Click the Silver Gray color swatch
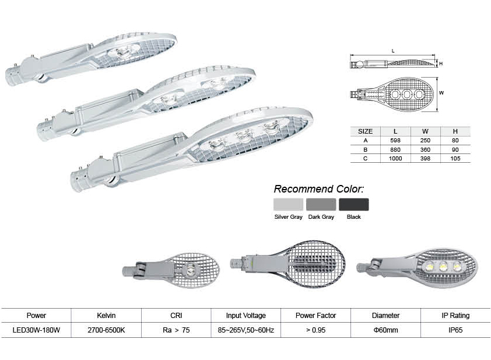click(288, 204)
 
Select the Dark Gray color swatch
click(321, 204)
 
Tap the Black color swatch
click(354, 204)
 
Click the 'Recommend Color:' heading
click(318, 189)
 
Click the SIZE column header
click(365, 131)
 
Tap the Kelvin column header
click(106, 316)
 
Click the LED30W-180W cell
click(36, 330)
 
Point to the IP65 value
click(455, 330)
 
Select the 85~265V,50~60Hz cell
click(246, 330)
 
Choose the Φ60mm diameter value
click(385, 330)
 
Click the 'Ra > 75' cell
click(176, 330)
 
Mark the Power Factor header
click(315, 316)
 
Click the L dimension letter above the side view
click(393, 51)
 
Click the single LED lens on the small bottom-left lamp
click(191, 270)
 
